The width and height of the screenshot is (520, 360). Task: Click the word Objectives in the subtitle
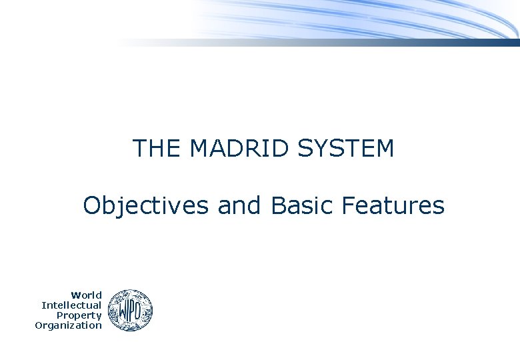145,206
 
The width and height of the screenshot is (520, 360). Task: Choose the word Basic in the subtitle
303,206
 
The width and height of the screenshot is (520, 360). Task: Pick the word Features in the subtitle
393,206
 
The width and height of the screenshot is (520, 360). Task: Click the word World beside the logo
87,295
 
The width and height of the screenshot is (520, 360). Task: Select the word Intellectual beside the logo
71,305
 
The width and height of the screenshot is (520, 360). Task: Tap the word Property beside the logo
79,315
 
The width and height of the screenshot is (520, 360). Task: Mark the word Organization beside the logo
68,325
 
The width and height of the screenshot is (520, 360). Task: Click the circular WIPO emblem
130,310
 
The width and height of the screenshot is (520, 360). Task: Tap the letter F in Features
347,206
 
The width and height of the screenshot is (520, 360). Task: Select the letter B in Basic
278,206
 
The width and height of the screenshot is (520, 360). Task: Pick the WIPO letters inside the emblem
130,311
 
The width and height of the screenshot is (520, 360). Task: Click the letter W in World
76,295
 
